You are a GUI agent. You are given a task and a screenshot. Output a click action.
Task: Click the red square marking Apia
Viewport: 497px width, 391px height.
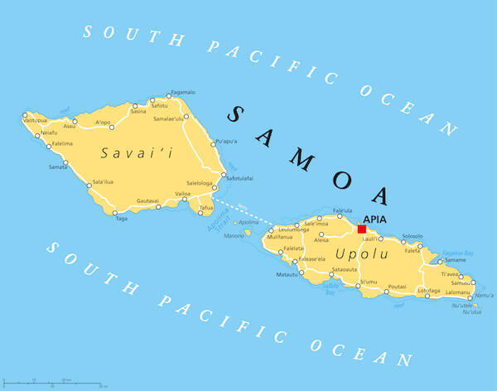pyautogui.click(x=361, y=229)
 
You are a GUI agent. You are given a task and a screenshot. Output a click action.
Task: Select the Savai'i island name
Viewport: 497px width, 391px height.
pyautogui.click(x=126, y=153)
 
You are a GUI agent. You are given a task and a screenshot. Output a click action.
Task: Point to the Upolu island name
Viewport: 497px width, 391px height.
pyautogui.click(x=355, y=253)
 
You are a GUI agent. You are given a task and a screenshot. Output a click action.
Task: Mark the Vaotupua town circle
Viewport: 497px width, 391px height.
pyautogui.click(x=24, y=115)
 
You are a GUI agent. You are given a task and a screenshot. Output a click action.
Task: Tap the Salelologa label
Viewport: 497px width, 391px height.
pyautogui.click(x=200, y=183)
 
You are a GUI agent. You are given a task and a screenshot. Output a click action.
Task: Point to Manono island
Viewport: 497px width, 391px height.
pyautogui.click(x=247, y=233)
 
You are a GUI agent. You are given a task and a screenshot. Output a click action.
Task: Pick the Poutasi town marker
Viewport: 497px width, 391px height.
pyautogui.click(x=386, y=292)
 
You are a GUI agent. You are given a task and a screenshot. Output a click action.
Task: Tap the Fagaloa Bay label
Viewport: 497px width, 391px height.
pyautogui.click(x=457, y=253)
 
